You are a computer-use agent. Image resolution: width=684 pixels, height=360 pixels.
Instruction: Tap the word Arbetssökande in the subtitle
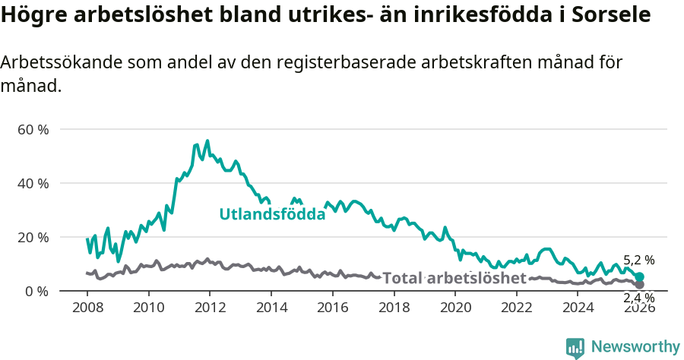53,63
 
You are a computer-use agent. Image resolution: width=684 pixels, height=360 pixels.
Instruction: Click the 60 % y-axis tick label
33,129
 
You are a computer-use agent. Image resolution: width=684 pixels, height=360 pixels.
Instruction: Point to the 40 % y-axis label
33,183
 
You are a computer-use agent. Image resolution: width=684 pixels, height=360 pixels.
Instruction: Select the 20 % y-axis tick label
33,237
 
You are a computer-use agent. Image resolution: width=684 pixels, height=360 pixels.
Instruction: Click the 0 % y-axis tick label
36,291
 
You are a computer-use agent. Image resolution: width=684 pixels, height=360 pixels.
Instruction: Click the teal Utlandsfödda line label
272,214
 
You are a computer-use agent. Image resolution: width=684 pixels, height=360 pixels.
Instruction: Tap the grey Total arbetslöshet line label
454,278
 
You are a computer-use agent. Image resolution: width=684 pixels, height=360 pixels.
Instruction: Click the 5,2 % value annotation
638,261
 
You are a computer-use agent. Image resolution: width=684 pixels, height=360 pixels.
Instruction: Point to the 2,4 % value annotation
638,297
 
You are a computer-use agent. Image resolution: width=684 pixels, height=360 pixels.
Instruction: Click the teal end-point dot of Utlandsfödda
639,277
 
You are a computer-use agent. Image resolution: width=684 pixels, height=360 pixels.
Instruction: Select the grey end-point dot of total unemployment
639,285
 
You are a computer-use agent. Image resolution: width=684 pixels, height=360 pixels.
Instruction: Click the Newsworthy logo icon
575,347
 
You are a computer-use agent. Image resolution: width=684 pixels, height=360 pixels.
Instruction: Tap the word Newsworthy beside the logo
635,347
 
